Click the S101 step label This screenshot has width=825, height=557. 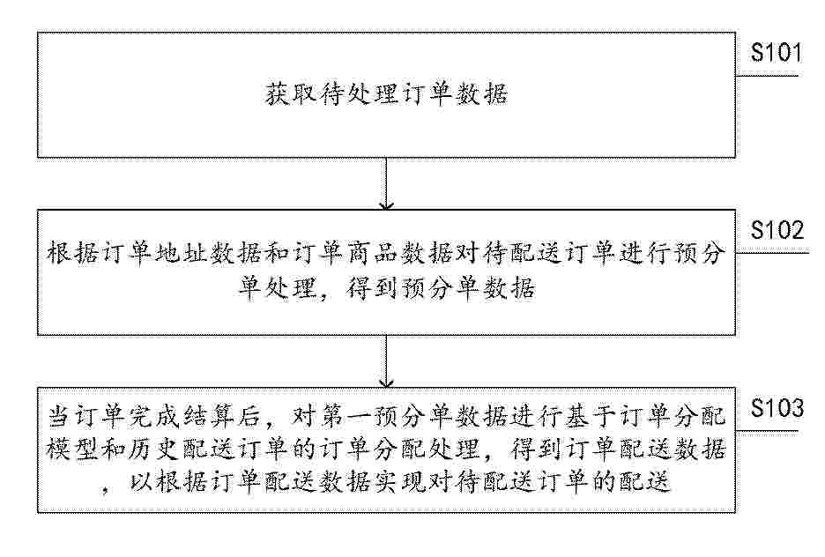click(776, 53)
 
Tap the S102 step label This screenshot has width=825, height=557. click(777, 230)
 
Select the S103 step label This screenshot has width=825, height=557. click(777, 408)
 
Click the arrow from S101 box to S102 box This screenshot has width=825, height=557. click(386, 183)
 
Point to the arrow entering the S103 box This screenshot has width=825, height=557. click(386, 361)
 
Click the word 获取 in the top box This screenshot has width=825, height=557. click(291, 94)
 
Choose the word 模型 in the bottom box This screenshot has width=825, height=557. click(72, 449)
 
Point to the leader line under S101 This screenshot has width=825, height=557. click(767, 76)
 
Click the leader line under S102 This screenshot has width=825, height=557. click(772, 253)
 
